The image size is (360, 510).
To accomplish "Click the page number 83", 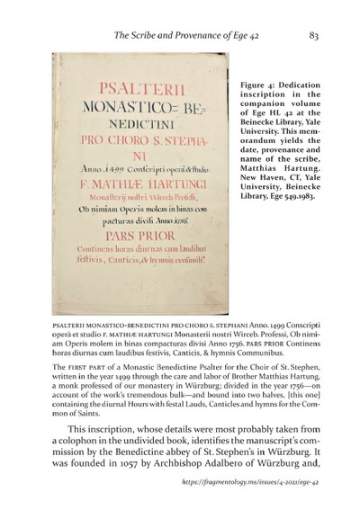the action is pos(314,37).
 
